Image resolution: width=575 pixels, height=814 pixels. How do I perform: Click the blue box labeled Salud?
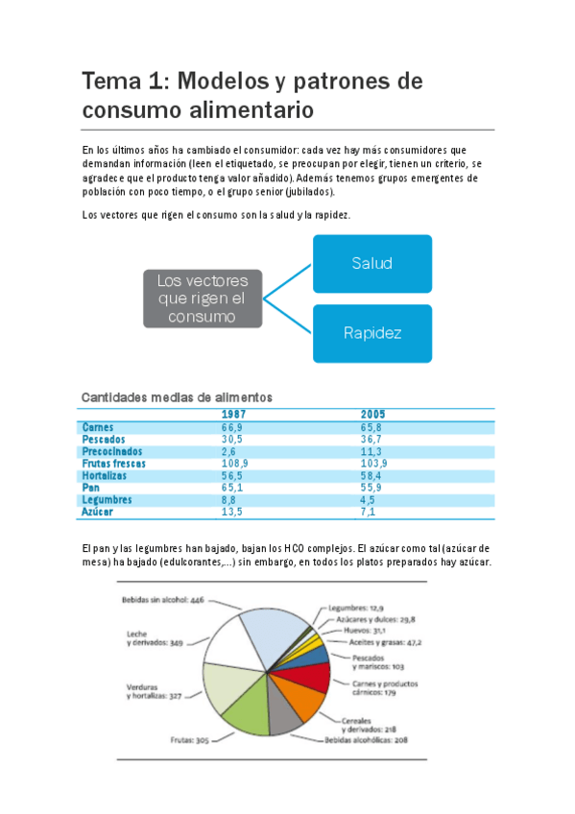[x=371, y=263]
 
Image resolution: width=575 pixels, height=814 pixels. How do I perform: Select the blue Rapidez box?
[x=371, y=333]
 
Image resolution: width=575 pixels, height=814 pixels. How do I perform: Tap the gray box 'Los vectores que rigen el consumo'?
[x=202, y=298]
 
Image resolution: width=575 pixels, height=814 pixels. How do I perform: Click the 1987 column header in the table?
[x=234, y=414]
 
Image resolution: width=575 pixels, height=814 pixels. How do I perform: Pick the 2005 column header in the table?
[x=372, y=414]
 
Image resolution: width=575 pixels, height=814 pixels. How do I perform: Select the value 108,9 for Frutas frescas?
[x=234, y=463]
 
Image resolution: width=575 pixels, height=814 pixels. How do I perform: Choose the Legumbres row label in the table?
[x=107, y=499]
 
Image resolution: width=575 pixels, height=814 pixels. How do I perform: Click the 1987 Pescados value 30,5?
[x=231, y=439]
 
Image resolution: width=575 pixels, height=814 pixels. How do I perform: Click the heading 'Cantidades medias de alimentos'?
[x=177, y=396]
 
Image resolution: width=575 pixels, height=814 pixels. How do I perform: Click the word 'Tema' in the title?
[x=111, y=81]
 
